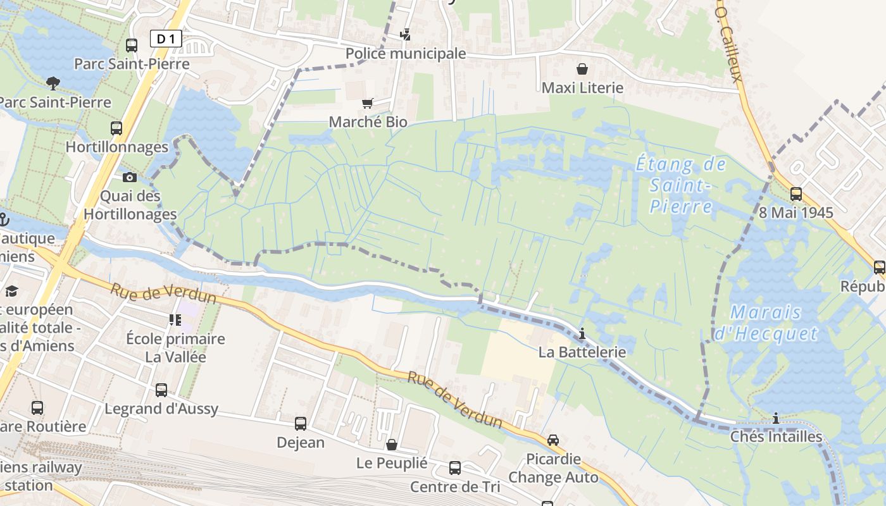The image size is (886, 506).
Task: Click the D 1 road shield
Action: coord(166,39)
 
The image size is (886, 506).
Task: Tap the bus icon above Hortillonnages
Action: coord(116,128)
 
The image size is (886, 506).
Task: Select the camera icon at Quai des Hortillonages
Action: coord(130,177)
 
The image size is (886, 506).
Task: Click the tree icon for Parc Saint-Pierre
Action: coord(53,82)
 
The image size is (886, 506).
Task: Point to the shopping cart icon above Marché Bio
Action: coord(367,102)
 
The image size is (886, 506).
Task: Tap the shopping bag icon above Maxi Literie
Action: coord(582,68)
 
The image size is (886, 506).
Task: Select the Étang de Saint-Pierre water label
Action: coord(681,185)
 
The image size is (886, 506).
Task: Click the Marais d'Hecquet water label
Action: coord(766,323)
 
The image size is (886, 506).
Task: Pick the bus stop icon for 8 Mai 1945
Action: coord(796,194)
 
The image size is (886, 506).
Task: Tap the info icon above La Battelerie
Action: coord(582,333)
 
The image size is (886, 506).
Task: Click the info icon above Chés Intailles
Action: coord(776,418)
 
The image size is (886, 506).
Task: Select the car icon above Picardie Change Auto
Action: coord(552,440)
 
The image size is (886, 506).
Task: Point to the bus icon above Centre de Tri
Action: coord(454,468)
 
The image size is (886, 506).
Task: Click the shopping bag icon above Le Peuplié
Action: coord(392,445)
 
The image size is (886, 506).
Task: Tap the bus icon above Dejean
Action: coord(301,423)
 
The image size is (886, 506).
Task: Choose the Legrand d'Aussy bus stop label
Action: coord(161,409)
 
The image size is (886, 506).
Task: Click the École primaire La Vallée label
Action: coord(176,348)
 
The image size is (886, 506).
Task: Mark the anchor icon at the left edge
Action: coord(3,219)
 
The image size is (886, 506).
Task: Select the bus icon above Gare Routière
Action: coord(37,408)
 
